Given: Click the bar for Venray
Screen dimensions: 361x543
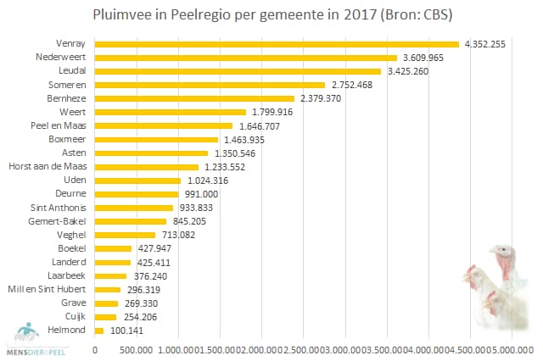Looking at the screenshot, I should pos(277,44).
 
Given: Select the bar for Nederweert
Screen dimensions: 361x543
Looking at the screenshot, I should pos(246,58).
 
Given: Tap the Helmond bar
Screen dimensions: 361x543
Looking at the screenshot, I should pos(99,330).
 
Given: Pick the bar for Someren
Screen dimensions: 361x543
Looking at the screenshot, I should pos(210,85).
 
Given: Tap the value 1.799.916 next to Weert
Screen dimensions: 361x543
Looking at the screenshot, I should pos(270,112).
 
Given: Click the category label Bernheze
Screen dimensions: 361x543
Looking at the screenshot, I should pos(66,98).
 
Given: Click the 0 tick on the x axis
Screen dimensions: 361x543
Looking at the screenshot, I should pos(95,348).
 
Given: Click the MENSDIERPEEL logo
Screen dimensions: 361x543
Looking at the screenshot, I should pos(34,337).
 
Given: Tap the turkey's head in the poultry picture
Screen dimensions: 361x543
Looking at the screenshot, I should pos(502,252).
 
